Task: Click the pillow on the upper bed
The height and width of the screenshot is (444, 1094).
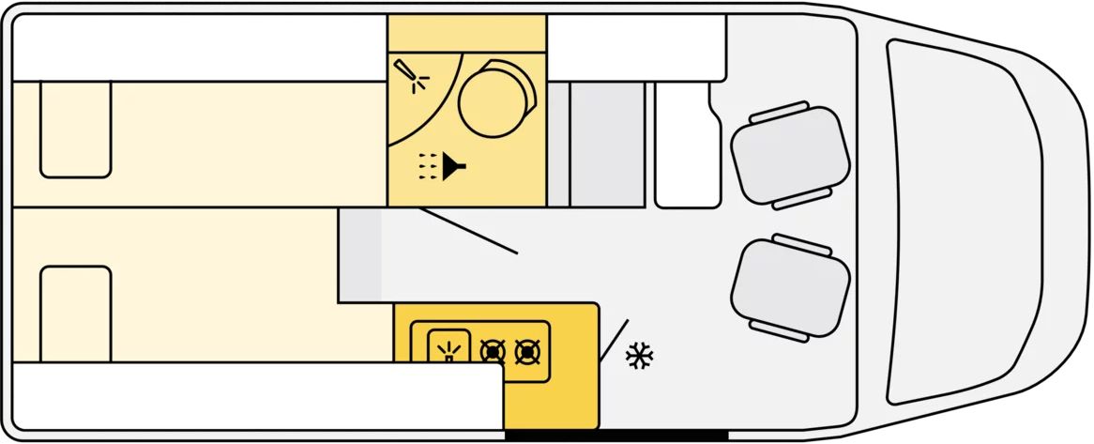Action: [x=76, y=129]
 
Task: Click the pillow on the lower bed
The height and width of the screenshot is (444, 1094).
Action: [x=76, y=314]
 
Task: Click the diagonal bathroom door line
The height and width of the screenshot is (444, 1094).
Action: [x=468, y=231]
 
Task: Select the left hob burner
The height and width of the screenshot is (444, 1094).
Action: [x=493, y=352]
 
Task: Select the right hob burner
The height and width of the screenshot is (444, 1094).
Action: [x=528, y=352]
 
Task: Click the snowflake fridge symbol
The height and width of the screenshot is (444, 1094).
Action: [x=640, y=355]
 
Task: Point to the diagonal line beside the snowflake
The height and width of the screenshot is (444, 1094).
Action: [x=614, y=341]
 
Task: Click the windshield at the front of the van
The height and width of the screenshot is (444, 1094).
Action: [x=966, y=222]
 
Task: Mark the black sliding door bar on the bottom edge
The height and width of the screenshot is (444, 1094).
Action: [x=616, y=436]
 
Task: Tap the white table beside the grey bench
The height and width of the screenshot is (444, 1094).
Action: [x=685, y=145]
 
